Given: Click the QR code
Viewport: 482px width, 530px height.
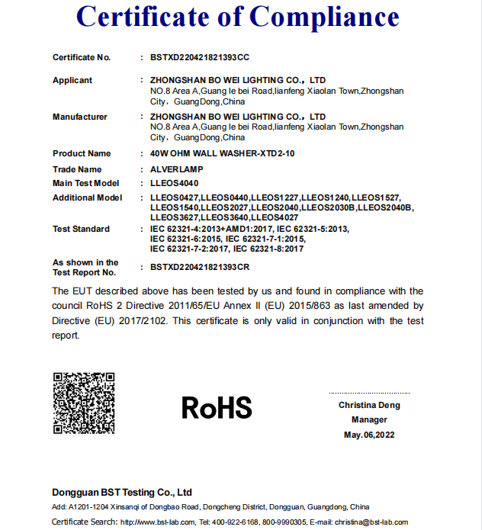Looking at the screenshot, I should [x=83, y=403].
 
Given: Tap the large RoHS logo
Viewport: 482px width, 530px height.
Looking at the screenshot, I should [x=217, y=408].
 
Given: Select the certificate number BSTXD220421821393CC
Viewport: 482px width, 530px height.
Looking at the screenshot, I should [x=200, y=57].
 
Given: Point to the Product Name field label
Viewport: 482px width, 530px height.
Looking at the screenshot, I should [x=82, y=153].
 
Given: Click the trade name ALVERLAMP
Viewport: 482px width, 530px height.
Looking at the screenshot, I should [x=175, y=169].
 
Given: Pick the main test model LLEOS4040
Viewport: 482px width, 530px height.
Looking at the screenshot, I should [x=174, y=183].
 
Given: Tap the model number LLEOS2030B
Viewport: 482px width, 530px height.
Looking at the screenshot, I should [x=329, y=207].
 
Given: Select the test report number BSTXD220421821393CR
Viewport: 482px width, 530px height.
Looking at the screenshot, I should [x=200, y=267].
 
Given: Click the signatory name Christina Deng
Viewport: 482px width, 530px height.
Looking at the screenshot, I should [x=369, y=405].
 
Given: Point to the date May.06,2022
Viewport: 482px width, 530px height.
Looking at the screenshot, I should [x=369, y=435].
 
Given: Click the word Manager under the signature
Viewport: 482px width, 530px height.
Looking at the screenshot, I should [x=369, y=419].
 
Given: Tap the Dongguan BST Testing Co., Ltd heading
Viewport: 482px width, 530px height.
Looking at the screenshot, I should [x=122, y=492].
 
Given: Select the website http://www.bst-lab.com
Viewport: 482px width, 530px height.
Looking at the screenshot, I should [x=158, y=522].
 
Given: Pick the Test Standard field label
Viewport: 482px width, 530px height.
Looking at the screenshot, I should [x=81, y=229].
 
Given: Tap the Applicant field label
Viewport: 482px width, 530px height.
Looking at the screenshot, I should [x=72, y=80].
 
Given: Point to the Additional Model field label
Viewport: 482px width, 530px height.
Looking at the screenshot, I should [x=87, y=198].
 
